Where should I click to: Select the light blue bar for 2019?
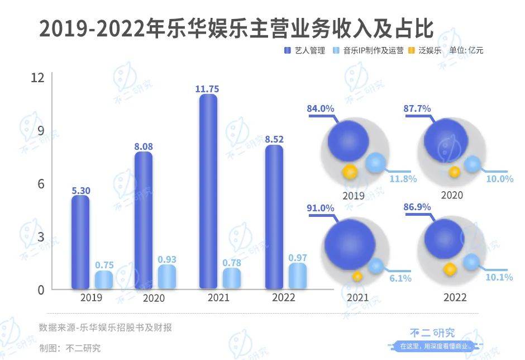(103, 280)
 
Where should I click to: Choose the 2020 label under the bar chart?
(154, 299)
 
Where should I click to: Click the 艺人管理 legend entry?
(305, 50)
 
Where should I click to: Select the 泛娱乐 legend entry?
(424, 50)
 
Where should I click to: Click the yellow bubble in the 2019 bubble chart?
(350, 171)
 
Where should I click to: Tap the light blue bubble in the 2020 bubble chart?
(472, 164)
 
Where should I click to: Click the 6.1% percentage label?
(400, 278)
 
